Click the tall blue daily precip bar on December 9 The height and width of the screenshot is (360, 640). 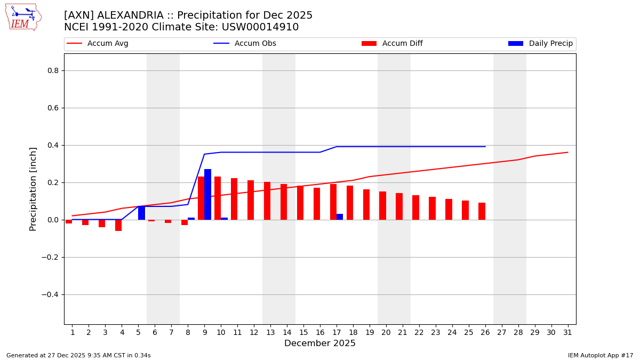pos(207,194)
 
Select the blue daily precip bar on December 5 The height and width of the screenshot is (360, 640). pos(141,213)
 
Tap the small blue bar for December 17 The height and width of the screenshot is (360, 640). pos(340,217)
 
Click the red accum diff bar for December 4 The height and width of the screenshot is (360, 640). pos(118,225)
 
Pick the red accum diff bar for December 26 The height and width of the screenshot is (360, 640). pos(482,211)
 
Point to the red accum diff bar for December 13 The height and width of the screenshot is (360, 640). pos(267,201)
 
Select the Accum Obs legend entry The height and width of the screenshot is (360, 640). pos(255,44)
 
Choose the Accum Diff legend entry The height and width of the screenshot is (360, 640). pos(402,44)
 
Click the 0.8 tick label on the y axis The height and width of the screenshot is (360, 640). pos(53,70)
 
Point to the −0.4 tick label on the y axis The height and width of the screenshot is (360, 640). pos(51,294)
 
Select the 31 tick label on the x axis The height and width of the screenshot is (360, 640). pos(567,333)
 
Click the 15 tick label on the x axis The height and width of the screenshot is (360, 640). pos(303,333)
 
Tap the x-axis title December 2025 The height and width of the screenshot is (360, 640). pos(320,343)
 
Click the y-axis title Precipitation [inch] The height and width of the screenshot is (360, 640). pos(33,189)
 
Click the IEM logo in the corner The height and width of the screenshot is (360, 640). pos(23,17)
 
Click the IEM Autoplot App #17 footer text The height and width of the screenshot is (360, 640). pos(601,355)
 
